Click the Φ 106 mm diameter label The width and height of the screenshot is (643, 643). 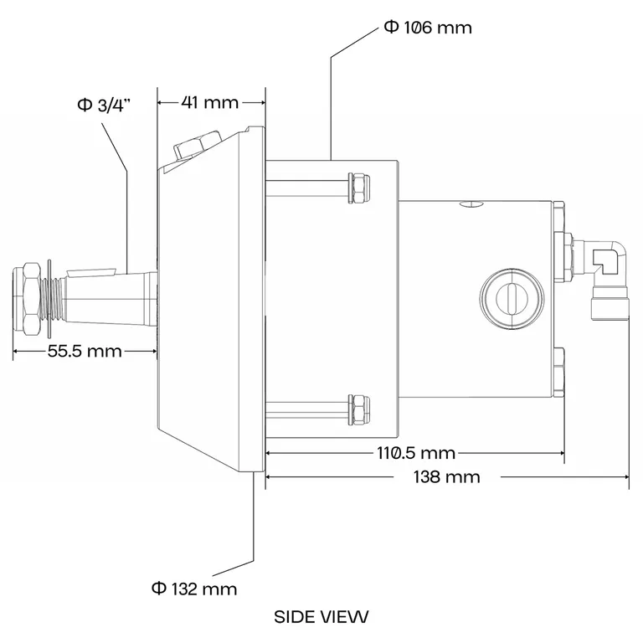coord(428,28)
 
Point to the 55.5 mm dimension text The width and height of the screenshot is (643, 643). coord(85,351)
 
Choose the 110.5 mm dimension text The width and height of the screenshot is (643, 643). coord(415,453)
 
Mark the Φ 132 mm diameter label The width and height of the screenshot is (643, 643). coord(194,589)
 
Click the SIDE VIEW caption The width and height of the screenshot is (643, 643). coord(321,617)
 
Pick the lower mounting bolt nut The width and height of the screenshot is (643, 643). coord(358,409)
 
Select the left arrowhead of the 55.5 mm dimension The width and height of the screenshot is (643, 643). coord(17,351)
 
